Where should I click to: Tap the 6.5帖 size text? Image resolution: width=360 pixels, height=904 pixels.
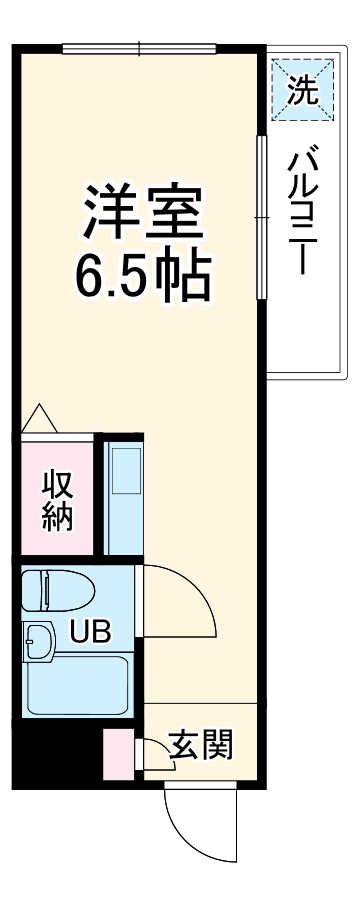pos(142,274)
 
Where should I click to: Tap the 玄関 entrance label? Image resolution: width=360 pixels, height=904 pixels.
pos(201,745)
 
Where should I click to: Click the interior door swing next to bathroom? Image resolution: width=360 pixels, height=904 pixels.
pos(180,600)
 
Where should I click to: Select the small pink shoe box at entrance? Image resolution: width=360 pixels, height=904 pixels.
pos(119,755)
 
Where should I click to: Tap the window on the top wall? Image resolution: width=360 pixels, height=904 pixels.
pos(140,47)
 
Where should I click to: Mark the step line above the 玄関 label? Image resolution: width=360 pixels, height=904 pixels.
pos(200,705)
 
